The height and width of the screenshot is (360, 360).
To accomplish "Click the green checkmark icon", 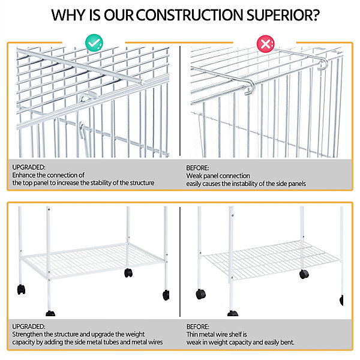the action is click(94, 43).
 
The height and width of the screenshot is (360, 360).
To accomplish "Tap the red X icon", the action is click(265, 44).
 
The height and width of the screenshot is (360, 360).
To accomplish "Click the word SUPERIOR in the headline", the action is click(283, 15).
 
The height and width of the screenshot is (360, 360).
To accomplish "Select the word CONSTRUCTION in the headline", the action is click(190, 15).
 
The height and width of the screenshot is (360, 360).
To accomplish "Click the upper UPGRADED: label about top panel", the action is click(29, 167).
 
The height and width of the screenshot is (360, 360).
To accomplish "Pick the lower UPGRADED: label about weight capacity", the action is click(29, 326).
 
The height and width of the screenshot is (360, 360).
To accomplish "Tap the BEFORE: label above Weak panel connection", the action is click(197, 168).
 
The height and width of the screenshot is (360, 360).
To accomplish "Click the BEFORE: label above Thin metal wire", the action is click(197, 327).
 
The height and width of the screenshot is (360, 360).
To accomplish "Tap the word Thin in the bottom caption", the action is click(192, 335).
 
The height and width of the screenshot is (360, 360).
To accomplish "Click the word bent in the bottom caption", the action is click(289, 343).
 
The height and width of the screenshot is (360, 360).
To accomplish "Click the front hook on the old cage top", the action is click(250, 87).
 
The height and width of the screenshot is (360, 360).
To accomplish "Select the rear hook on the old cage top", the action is click(323, 64).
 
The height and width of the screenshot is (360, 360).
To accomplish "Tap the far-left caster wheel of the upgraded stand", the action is click(21, 289).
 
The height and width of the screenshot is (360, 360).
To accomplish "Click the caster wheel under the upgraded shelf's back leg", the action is click(128, 273).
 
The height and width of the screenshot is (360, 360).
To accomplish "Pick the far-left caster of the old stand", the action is click(200, 294).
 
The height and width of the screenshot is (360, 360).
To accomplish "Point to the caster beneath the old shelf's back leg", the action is click(304, 274).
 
